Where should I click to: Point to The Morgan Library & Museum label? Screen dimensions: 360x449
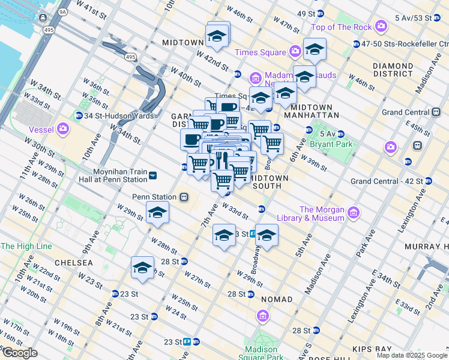pyautogui.click(x=322, y=214)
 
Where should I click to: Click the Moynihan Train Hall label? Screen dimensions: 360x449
pyautogui.click(x=113, y=175)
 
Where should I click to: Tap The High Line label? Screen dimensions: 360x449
pyautogui.click(x=26, y=246)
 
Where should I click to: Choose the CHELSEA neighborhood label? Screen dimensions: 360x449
pyautogui.click(x=73, y=263)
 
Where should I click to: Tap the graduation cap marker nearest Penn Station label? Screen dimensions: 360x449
pyautogui.click(x=157, y=212)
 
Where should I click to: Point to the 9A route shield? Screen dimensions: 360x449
pyautogui.click(x=62, y=11)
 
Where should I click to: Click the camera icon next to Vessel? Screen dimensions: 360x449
pyautogui.click(x=63, y=128)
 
